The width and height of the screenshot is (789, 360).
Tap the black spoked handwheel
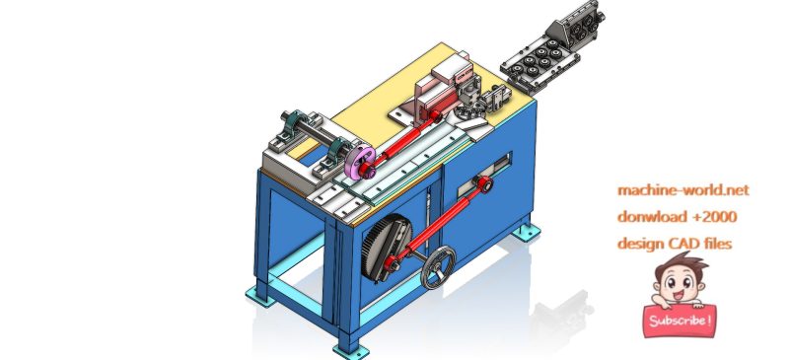coord(438,266)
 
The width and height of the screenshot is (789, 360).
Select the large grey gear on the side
coord(385,248)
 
